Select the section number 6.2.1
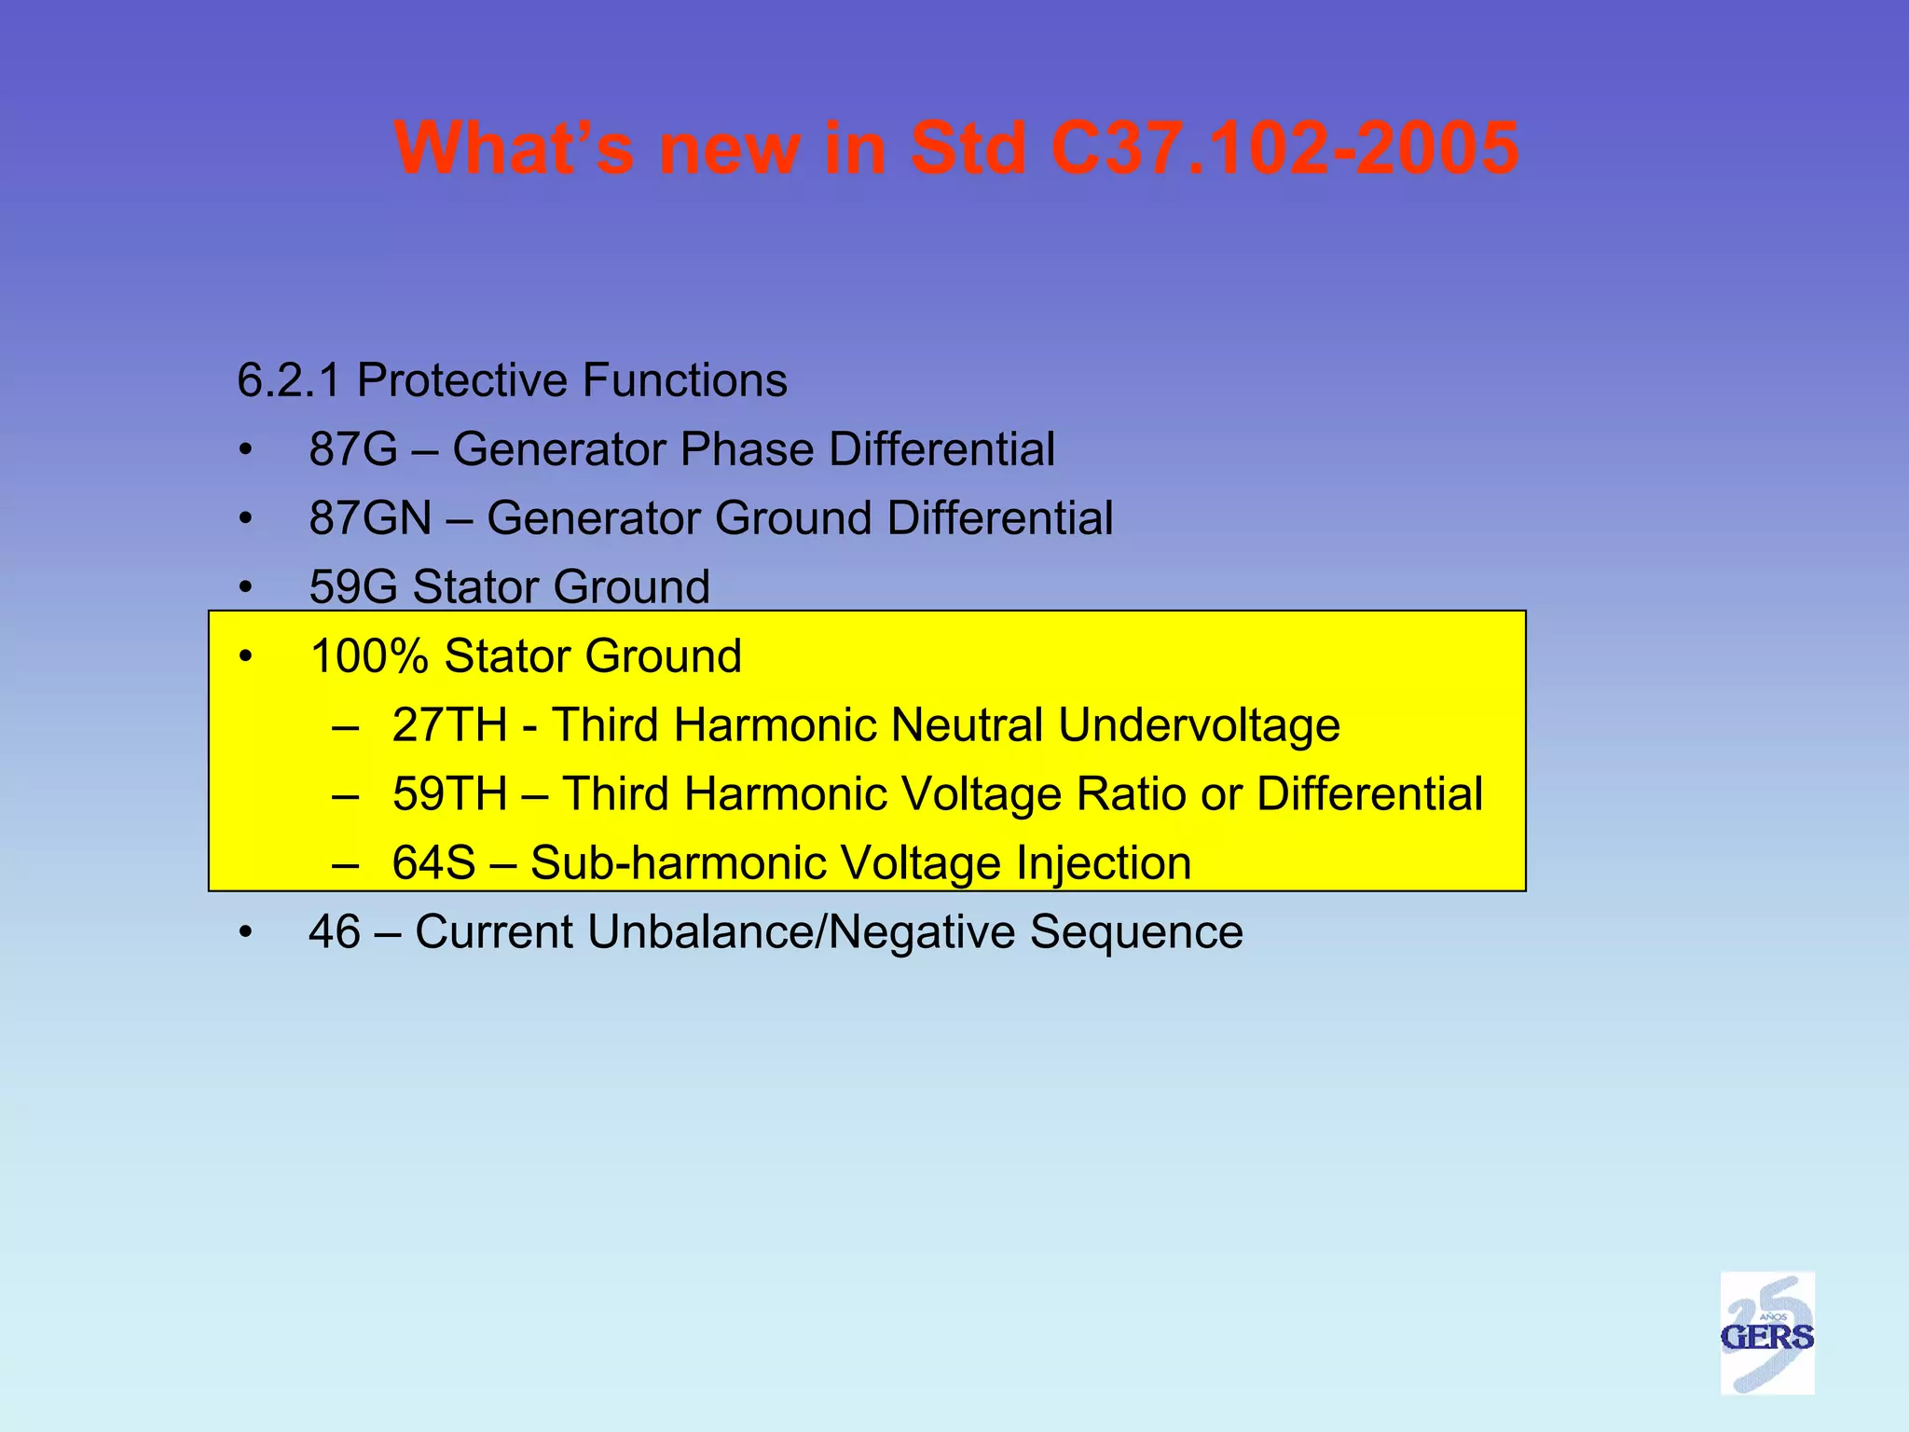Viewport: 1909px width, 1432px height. pyautogui.click(x=289, y=380)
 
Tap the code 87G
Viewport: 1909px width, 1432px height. pyautogui.click(x=353, y=449)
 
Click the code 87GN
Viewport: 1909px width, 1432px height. pyautogui.click(x=370, y=518)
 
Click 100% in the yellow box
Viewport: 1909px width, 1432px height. pyautogui.click(x=368, y=656)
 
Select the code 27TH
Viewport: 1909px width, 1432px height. pyautogui.click(x=449, y=725)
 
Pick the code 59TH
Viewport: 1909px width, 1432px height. pyautogui.click(x=449, y=794)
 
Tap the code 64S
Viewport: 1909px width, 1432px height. pyautogui.click(x=433, y=863)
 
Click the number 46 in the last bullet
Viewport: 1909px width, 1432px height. pyautogui.click(x=334, y=932)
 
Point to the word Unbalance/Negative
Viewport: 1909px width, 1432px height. pyautogui.click(x=801, y=932)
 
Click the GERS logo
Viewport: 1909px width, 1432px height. pyautogui.click(x=1766, y=1333)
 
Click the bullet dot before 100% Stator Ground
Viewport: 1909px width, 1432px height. pyautogui.click(x=245, y=657)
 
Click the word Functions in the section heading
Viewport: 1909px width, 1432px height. pyautogui.click(x=685, y=380)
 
